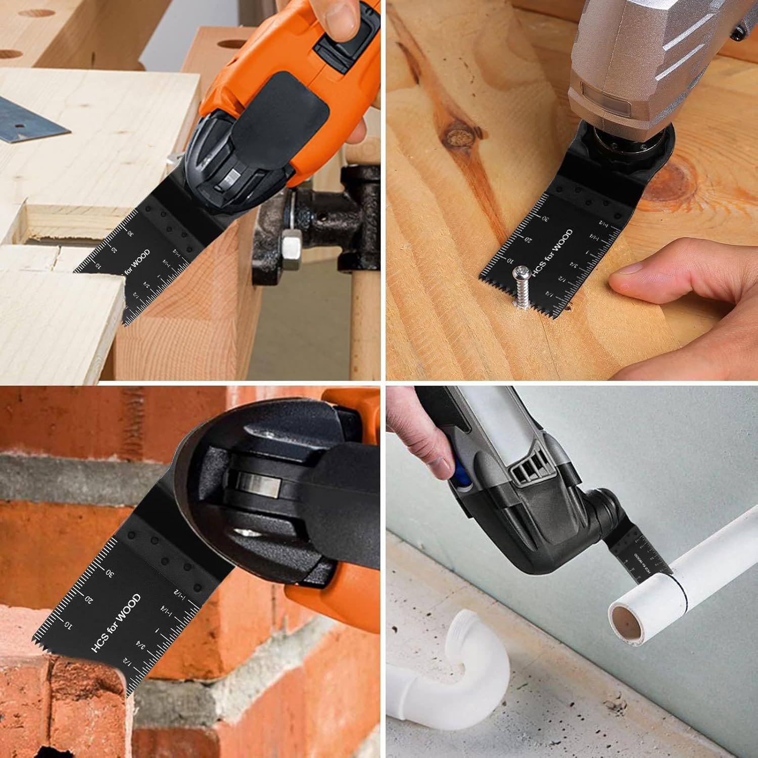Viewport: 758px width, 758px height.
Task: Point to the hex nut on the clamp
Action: click(x=290, y=248)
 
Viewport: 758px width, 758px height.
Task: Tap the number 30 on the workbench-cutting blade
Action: click(x=130, y=234)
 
